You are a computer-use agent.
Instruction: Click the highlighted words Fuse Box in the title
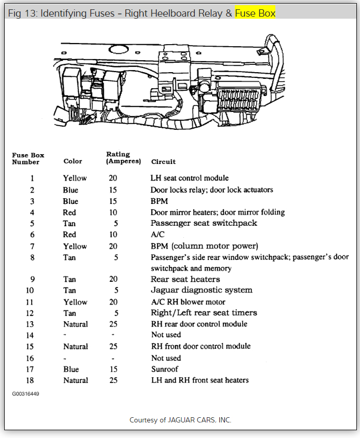(x=255, y=13)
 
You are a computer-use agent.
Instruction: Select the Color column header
(x=73, y=161)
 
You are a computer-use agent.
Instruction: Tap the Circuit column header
(x=164, y=161)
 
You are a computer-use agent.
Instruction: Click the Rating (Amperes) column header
(x=124, y=158)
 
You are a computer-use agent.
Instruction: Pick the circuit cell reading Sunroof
(x=165, y=369)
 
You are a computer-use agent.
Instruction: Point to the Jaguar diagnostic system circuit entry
(x=201, y=290)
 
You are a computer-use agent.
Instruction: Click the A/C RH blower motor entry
(x=188, y=302)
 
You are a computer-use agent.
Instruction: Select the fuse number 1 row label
(x=32, y=178)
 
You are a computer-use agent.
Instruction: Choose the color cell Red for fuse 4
(x=70, y=212)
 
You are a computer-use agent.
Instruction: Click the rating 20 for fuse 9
(x=113, y=279)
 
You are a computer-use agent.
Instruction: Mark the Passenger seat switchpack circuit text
(x=204, y=223)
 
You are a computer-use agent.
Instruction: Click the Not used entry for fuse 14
(x=166, y=335)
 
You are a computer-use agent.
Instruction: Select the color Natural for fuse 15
(x=75, y=346)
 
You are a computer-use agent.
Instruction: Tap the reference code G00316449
(x=26, y=394)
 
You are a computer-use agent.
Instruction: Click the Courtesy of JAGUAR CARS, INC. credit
(x=180, y=420)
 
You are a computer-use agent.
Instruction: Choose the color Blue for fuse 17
(x=71, y=369)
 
